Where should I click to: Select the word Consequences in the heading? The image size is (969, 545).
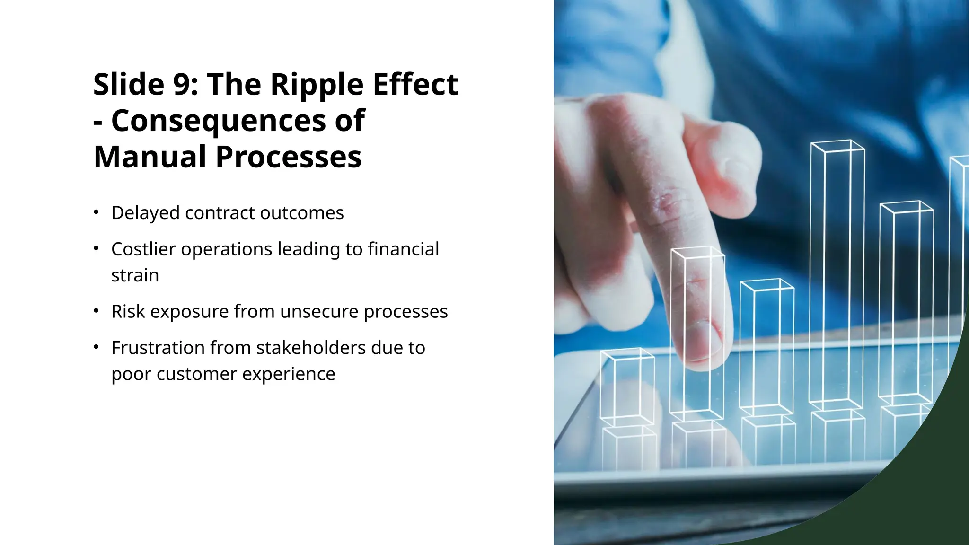point(219,121)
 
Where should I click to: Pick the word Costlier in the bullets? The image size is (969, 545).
point(144,249)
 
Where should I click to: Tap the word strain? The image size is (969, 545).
point(135,275)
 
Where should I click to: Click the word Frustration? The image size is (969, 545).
point(158,348)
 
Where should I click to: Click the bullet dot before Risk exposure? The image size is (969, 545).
point(96,311)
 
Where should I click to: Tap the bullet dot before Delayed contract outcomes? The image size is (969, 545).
point(96,212)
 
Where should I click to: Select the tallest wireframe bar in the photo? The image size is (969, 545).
point(837,274)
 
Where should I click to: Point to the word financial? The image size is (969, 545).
point(403,249)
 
